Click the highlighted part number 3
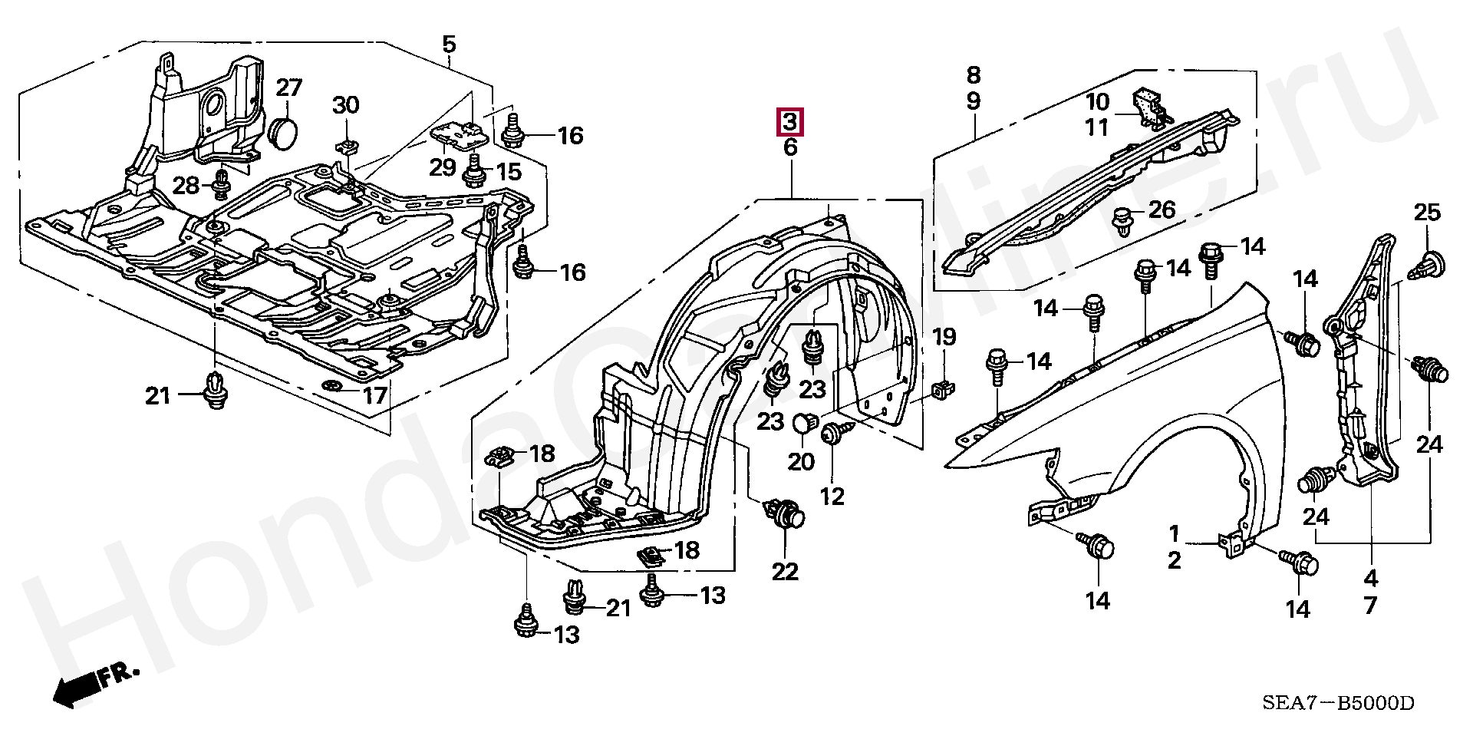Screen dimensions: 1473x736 coord(790,121)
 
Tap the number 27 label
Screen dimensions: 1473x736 coord(290,88)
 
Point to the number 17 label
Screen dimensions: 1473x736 coord(375,396)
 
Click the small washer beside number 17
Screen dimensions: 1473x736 coord(332,384)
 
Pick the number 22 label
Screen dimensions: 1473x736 coord(786,572)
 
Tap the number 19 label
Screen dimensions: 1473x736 coord(944,336)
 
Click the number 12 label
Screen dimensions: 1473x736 coord(832,497)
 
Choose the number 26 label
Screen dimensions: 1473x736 coord(1162,209)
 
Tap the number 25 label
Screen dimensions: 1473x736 coord(1428,214)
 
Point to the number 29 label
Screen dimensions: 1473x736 coord(443,167)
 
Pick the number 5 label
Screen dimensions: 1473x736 coord(449,45)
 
